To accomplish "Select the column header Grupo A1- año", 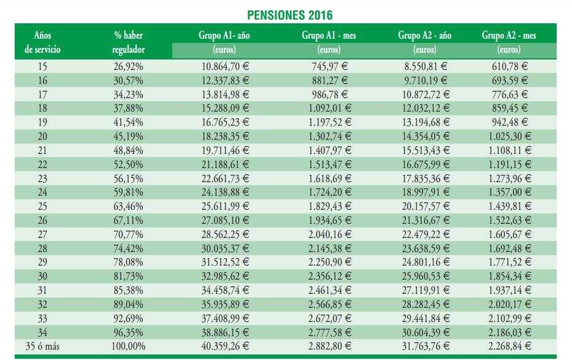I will pos(224,36).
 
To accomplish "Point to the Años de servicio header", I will pos(43,42).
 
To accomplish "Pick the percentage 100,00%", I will pos(130,347).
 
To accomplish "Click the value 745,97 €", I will pos(329,66).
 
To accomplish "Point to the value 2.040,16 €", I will pos(329,234).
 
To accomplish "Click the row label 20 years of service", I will pos(42,136).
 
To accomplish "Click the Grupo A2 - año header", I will pos(424,36).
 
